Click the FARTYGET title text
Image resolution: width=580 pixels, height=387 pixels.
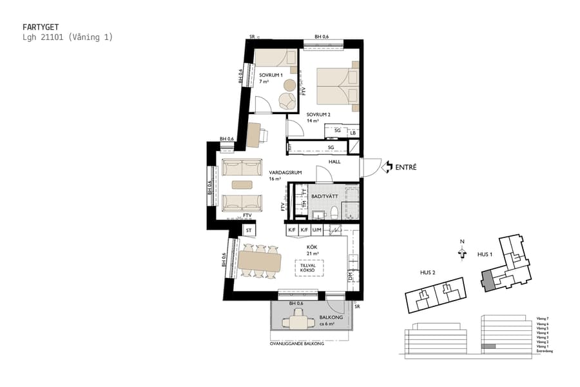click(x=41, y=27)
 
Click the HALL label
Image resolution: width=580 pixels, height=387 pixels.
click(x=334, y=161)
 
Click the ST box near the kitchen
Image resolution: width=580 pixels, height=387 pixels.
click(x=249, y=230)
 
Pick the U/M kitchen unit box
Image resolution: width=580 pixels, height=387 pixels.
click(x=317, y=230)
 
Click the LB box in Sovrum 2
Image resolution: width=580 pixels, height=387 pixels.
click(x=353, y=132)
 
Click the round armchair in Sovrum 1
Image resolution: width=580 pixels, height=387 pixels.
click(x=285, y=99)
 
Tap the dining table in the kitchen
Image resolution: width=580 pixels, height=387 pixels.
click(x=260, y=261)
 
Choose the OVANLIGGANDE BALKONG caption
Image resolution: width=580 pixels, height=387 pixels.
click(x=296, y=344)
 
